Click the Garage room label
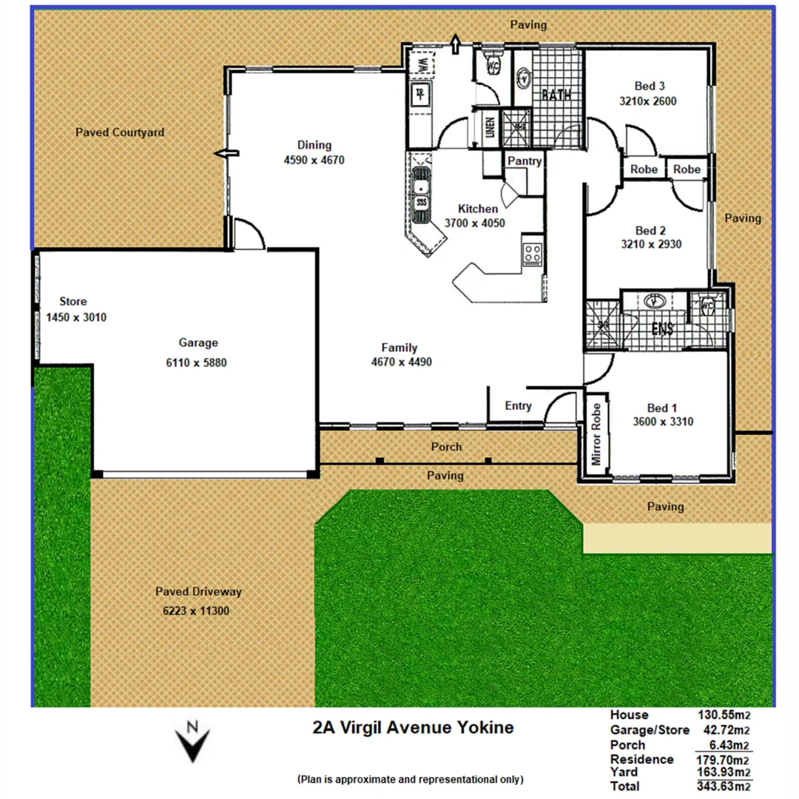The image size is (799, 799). point(198,343)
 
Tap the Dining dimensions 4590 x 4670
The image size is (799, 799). point(314,159)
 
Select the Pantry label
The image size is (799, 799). point(525,161)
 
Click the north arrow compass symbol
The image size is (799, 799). point(192,741)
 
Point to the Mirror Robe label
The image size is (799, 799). point(596,434)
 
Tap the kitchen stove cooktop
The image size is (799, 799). point(532,254)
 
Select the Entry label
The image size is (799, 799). point(518,405)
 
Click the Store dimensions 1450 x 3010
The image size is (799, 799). point(73,317)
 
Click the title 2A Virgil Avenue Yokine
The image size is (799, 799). point(413,728)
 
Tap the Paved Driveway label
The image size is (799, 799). point(198,592)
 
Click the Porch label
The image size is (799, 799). point(446,447)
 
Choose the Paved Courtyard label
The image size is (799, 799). point(120,132)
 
